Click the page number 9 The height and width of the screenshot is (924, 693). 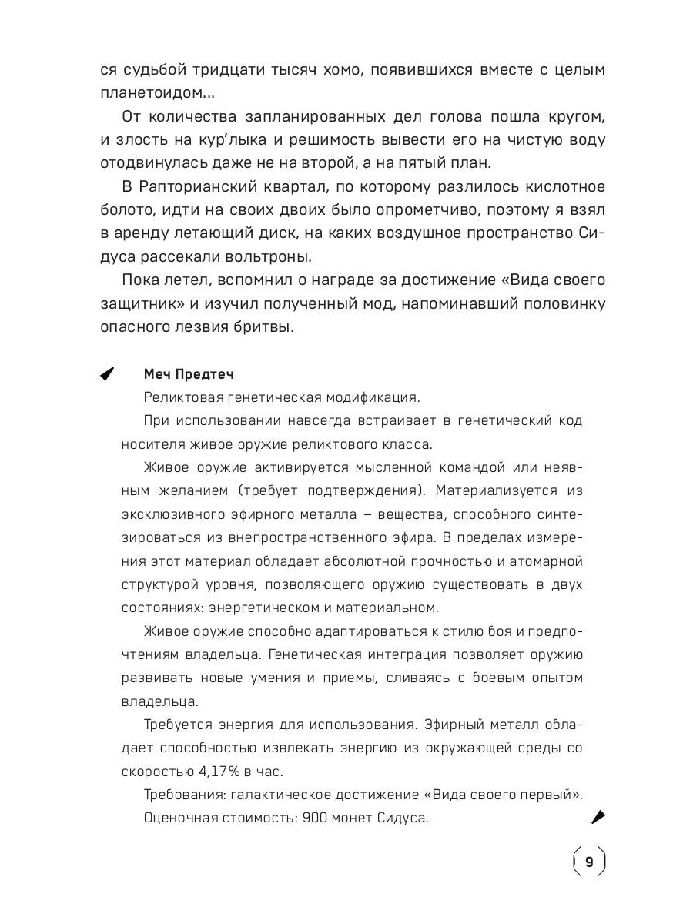[x=589, y=862]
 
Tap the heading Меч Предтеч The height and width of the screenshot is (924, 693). [x=188, y=374]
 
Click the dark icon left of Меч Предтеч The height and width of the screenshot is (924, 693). [x=107, y=374]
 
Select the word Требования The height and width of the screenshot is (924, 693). [x=182, y=794]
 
